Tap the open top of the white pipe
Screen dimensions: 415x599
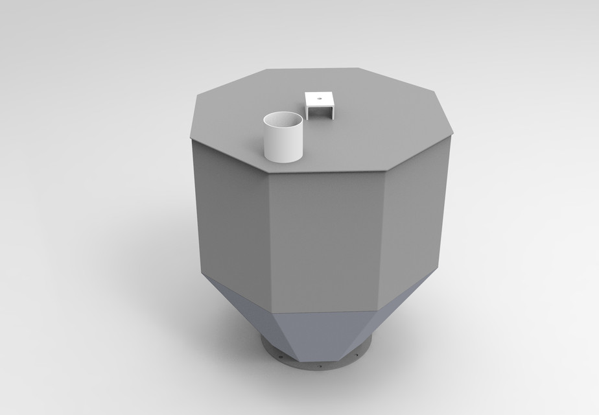click(x=283, y=120)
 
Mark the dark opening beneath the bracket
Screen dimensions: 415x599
click(x=320, y=112)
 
